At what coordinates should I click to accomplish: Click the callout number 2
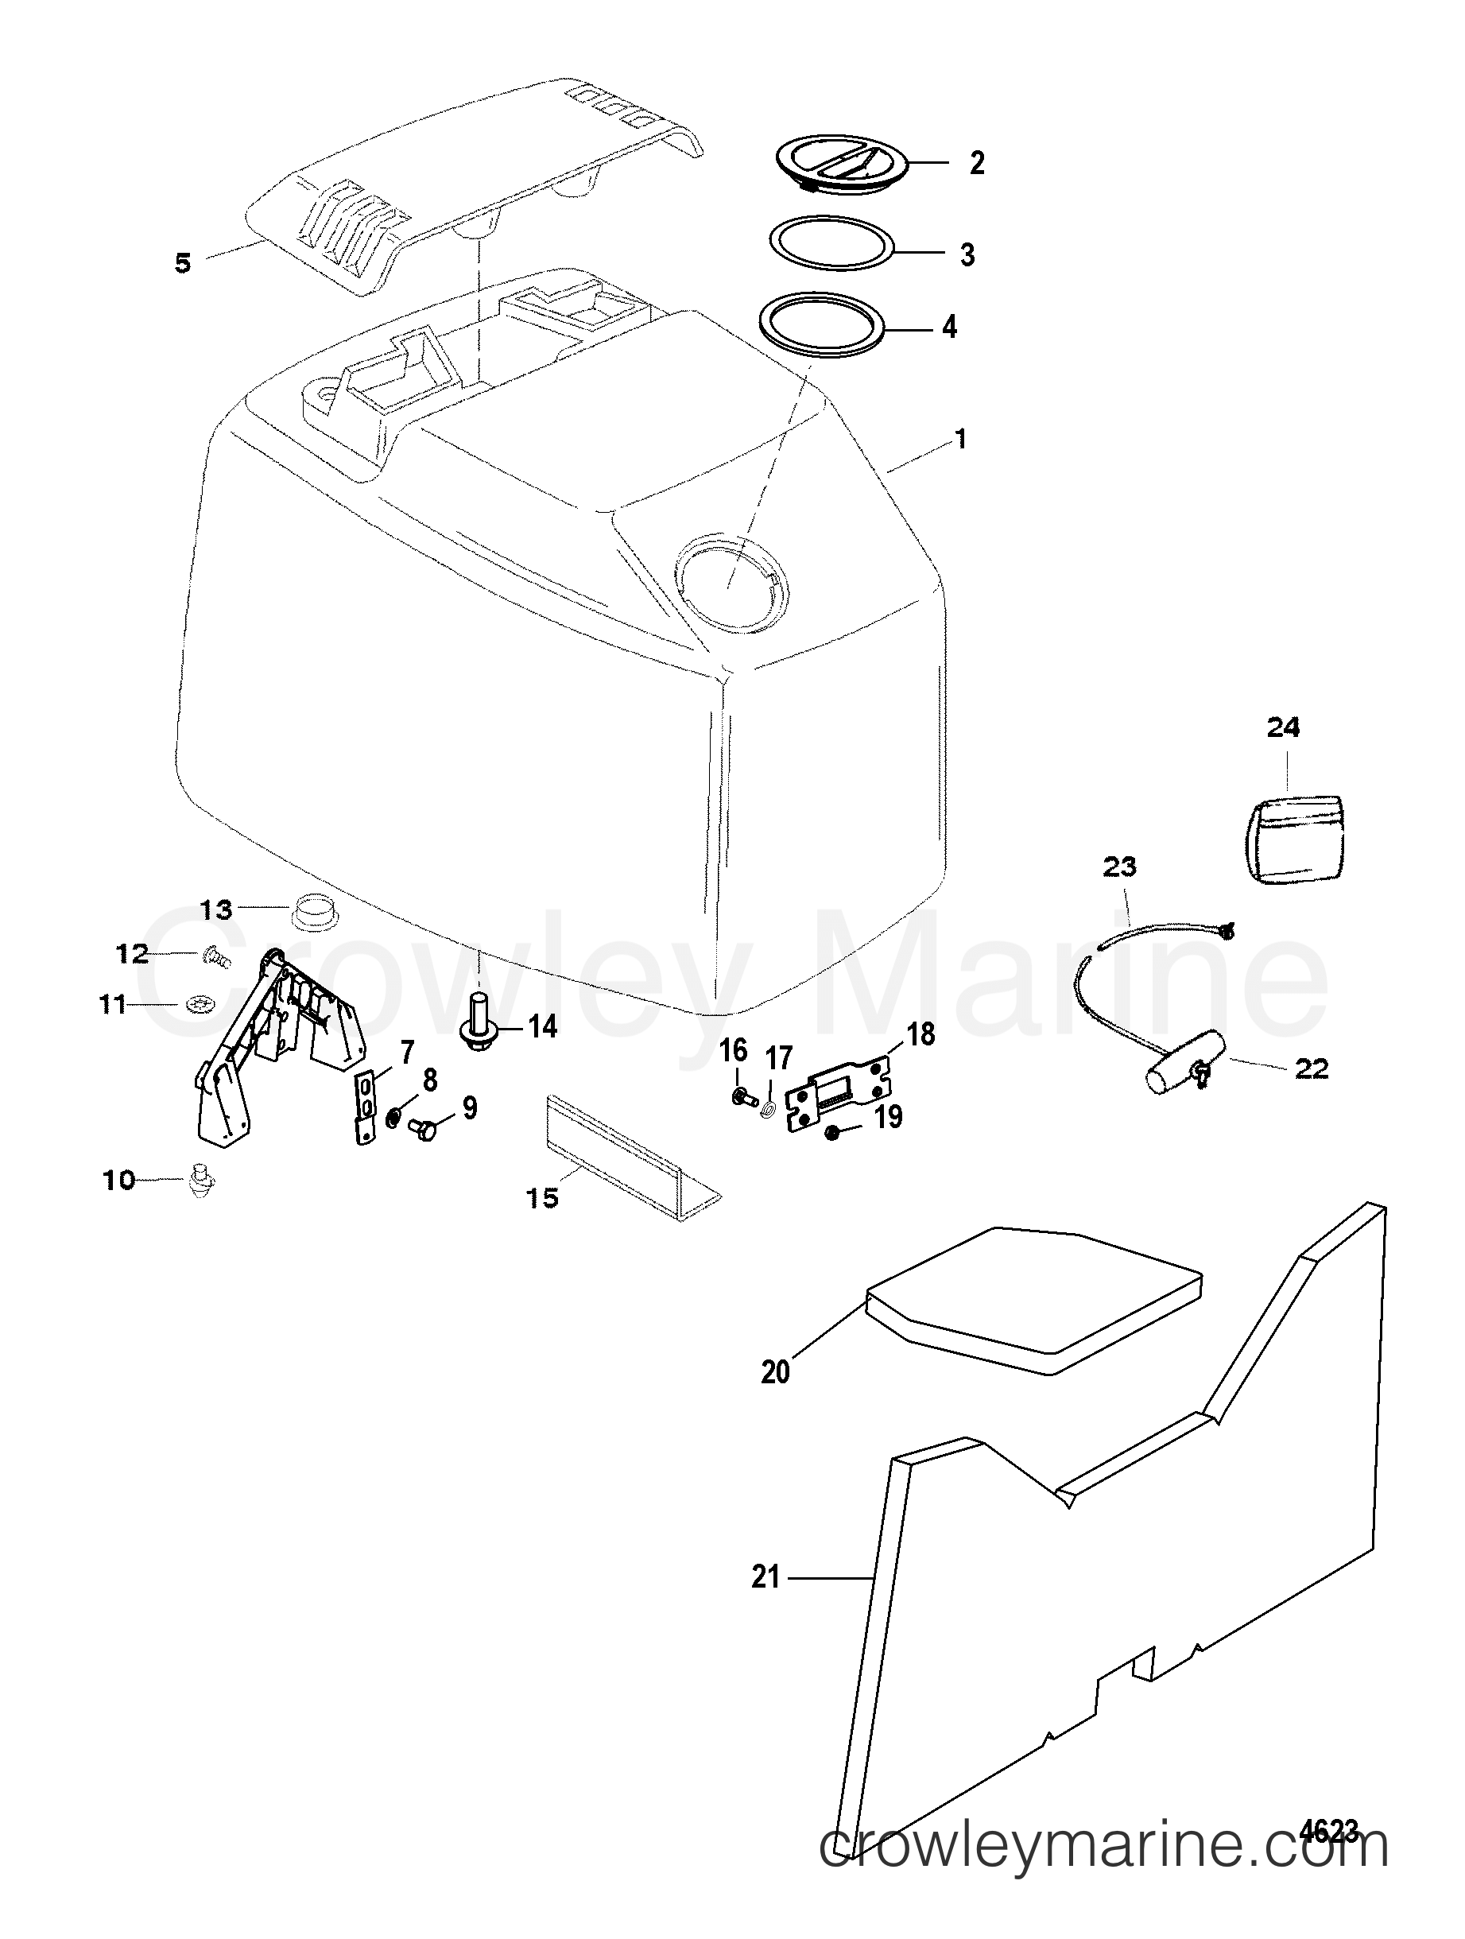[x=977, y=163]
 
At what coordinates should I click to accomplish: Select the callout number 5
[x=182, y=263]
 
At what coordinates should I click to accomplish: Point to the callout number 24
[x=1284, y=727]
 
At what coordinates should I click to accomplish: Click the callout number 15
[x=544, y=1197]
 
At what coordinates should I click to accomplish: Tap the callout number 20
[x=776, y=1372]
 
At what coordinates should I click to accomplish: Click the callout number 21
[x=766, y=1578]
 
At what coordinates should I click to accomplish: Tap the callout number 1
[x=961, y=438]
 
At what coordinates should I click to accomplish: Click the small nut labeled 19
[x=834, y=1134]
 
